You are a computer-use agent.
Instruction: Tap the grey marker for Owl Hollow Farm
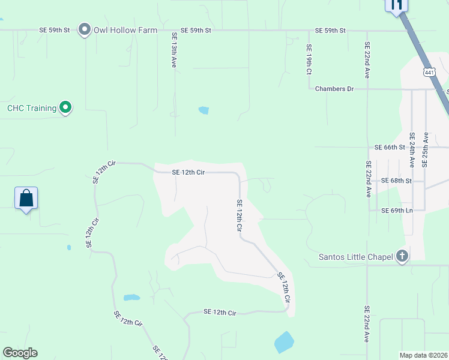[85, 29]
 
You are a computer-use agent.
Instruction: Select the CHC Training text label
[32, 109]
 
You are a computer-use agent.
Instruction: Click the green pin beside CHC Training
[66, 108]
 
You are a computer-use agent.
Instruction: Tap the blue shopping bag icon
[26, 198]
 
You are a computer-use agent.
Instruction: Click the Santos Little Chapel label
[357, 257]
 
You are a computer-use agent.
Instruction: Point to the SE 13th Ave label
[173, 50]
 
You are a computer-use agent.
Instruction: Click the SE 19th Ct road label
[309, 59]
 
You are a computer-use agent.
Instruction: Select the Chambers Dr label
[334, 89]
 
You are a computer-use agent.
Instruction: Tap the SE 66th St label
[390, 147]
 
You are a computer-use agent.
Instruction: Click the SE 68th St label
[396, 181]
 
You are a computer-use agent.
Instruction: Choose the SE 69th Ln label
[397, 211]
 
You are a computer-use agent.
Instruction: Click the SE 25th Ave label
[425, 149]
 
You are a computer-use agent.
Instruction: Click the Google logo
[20, 353]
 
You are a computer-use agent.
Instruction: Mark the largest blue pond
[284, 343]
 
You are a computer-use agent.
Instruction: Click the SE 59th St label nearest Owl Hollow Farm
[55, 30]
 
